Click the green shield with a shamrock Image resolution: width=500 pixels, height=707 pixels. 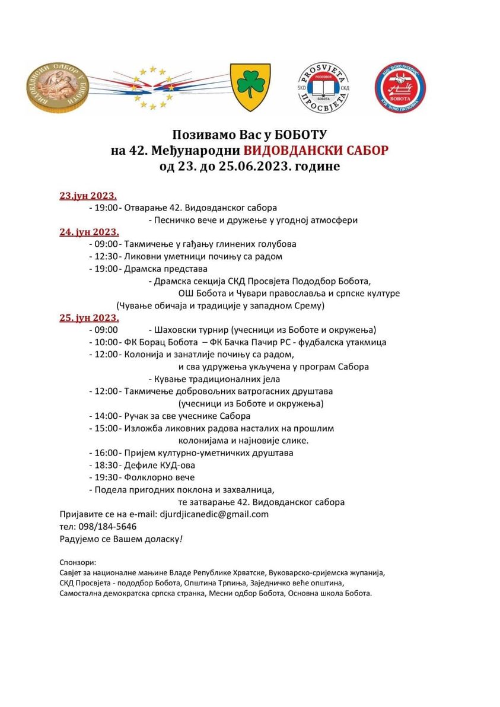point(250,88)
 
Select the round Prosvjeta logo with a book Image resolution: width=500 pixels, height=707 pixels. point(323,88)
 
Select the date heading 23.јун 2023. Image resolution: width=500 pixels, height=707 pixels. point(88,196)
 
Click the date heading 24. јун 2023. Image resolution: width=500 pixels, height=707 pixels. point(89,232)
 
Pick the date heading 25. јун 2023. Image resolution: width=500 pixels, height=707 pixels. point(89,318)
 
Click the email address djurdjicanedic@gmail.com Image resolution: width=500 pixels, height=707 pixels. point(214,514)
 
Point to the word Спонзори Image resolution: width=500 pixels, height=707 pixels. point(78,562)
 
